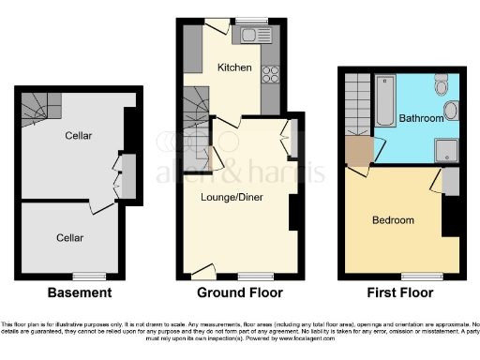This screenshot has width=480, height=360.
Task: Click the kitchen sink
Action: pyautogui.click(x=252, y=35)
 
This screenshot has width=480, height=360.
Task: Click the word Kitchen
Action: pyautogui.click(x=233, y=67)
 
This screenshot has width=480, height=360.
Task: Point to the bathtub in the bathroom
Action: pyautogui.click(x=386, y=102)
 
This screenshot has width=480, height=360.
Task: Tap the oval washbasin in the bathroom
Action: pyautogui.click(x=450, y=112)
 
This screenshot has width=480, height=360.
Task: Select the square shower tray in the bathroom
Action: pyautogui.click(x=447, y=149)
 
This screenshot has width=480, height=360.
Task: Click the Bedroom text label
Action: pyautogui.click(x=393, y=220)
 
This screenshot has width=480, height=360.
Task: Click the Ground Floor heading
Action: pyautogui.click(x=239, y=292)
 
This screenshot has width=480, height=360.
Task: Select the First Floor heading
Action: pyautogui.click(x=401, y=292)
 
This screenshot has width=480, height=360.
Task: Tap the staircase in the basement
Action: pyautogui.click(x=40, y=109)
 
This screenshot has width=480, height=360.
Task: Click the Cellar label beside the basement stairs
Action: pyautogui.click(x=79, y=137)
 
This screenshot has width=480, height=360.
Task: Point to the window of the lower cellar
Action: pyautogui.click(x=90, y=274)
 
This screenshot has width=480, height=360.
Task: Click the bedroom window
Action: pyautogui.click(x=417, y=275)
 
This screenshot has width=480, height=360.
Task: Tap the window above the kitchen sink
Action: pyautogui.click(x=251, y=21)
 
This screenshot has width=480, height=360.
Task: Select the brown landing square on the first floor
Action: pyautogui.click(x=357, y=150)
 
